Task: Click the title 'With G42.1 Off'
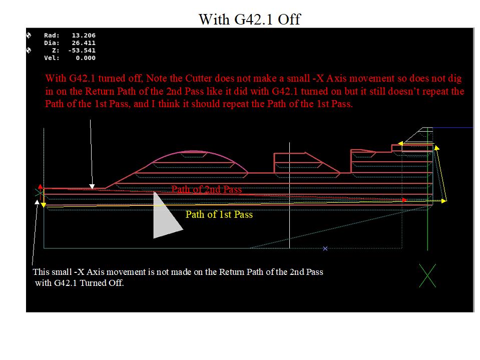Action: coord(250,20)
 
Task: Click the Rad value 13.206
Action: coord(84,36)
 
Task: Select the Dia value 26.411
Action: coord(84,43)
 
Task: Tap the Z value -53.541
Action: coord(82,51)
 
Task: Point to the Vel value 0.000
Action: coord(86,58)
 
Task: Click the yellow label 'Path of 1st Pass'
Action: coord(219,214)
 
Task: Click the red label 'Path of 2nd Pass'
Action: coord(207,189)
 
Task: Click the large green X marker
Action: coord(427,275)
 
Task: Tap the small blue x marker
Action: coord(325,248)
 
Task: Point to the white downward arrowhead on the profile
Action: coord(92,186)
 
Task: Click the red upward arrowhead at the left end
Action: coord(41,186)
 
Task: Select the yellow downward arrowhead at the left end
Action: coord(44,205)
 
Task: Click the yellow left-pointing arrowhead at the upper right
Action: coord(400,143)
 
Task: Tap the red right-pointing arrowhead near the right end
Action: coord(404,200)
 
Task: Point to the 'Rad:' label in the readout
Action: coord(52,36)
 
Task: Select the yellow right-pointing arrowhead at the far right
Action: coord(444,201)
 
